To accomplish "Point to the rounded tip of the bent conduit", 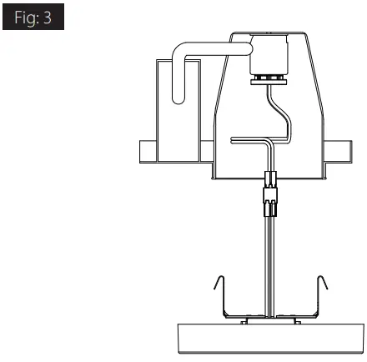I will click(177, 98).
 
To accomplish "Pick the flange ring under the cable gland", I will click(270, 78).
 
